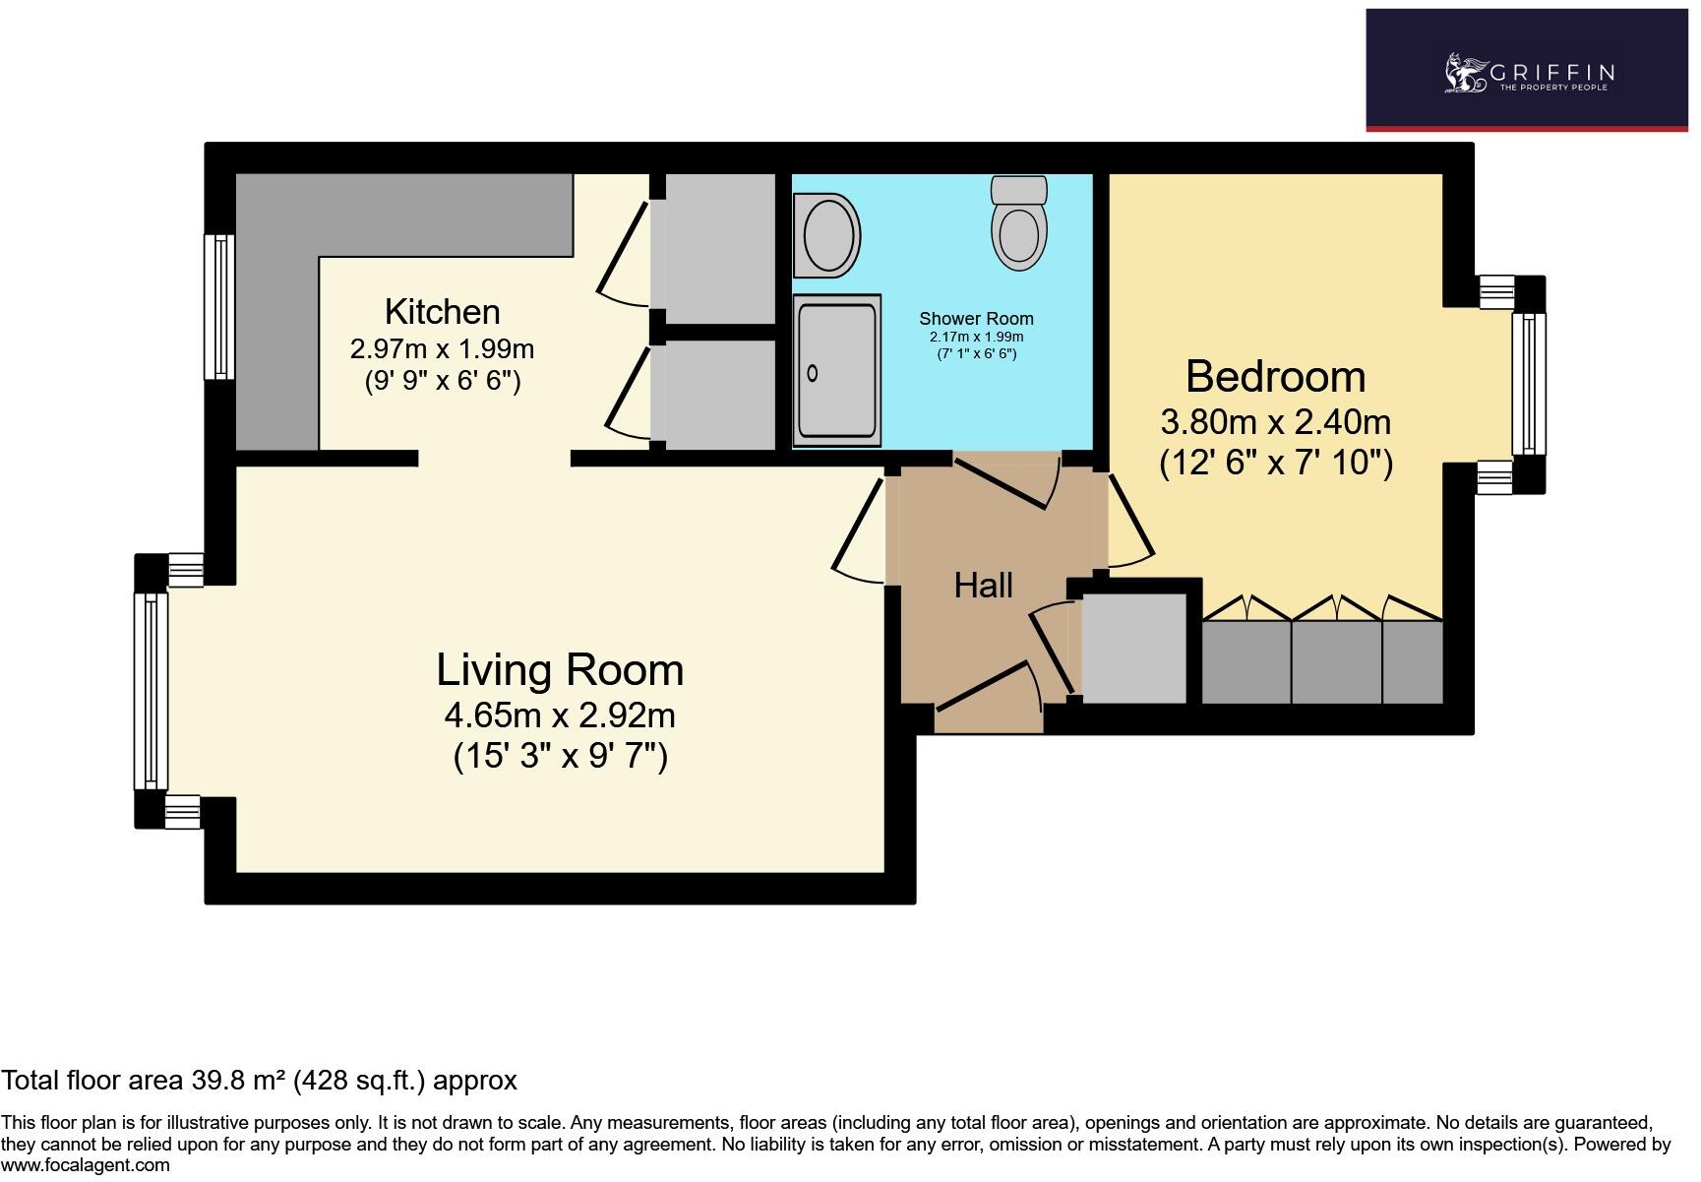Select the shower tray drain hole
(813, 373)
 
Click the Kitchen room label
(442, 312)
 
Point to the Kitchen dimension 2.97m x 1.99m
(442, 348)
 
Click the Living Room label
(560, 670)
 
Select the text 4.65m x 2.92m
(560, 715)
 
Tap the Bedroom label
(1275, 377)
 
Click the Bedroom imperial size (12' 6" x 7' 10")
(1276, 463)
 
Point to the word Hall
(983, 586)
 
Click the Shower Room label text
(976, 318)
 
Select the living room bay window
(151, 690)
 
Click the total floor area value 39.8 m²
(238, 1081)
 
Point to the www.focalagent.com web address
(86, 1165)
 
